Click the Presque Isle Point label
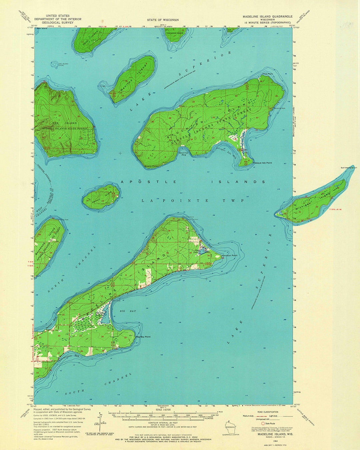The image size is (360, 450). (262, 163)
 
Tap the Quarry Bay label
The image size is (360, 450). (182, 154)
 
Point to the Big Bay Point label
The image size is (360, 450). (143, 337)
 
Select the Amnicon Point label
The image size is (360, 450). (230, 256)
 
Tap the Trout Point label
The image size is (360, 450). (267, 74)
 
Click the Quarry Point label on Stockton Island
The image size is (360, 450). (151, 166)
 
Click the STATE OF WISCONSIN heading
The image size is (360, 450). (163, 20)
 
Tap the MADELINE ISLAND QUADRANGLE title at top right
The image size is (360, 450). (267, 16)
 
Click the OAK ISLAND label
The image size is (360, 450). (69, 123)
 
